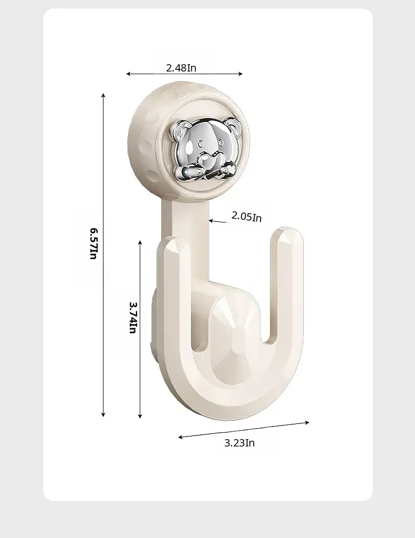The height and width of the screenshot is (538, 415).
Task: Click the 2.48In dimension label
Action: [x=181, y=68]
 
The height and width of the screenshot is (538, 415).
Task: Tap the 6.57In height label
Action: [x=94, y=243]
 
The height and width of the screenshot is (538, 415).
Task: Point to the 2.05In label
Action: [x=247, y=217]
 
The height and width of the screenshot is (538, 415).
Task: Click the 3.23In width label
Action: [x=240, y=443]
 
